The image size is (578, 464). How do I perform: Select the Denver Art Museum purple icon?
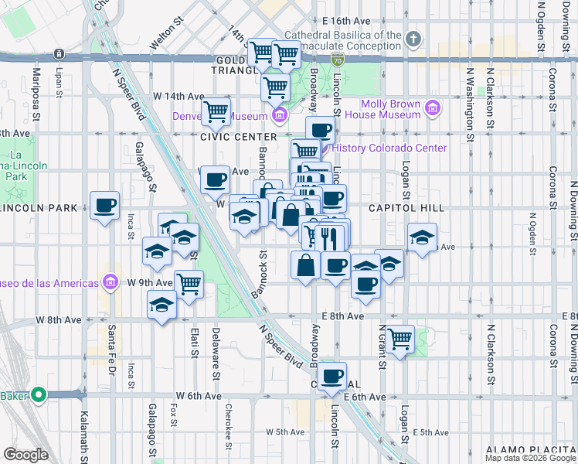pos(279,117)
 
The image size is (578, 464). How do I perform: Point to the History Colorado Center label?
pos(389,148)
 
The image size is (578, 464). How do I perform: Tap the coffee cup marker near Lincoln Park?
pos(104,206)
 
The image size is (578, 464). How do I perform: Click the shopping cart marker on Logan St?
pos(399,339)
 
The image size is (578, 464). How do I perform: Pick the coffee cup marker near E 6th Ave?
pos(332,377)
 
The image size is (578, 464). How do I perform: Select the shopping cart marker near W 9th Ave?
pos(189,283)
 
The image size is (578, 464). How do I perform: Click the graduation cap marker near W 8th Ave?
pos(161,305)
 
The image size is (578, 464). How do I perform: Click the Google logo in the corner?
pos(25,455)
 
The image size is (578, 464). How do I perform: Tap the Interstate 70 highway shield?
pos(337,58)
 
